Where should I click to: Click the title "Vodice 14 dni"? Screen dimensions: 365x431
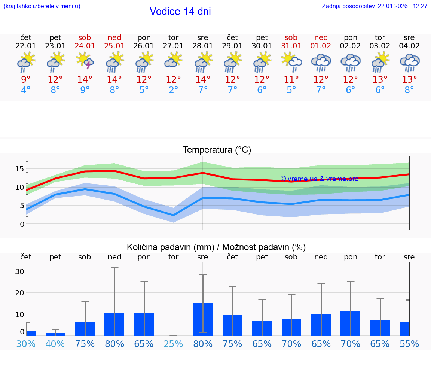(180, 12)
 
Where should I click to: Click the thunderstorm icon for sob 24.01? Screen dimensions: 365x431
(85, 61)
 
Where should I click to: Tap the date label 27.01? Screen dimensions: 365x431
(173, 46)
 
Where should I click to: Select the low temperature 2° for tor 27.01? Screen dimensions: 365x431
(173, 90)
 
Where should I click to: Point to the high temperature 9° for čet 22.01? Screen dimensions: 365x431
(26, 80)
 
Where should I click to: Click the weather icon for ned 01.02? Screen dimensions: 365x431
(321, 62)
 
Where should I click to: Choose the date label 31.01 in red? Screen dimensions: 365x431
(291, 46)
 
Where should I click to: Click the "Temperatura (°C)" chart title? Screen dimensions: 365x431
(217, 150)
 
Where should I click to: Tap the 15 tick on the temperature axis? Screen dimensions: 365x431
(19, 169)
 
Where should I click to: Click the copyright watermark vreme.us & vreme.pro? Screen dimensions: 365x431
(319, 179)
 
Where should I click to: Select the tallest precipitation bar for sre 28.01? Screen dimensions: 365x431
(203, 319)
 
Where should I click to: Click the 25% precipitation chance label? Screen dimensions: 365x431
(173, 344)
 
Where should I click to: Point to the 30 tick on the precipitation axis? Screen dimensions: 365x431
(19, 271)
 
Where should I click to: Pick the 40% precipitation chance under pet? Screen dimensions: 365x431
(55, 344)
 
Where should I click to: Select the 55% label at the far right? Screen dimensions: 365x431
(409, 344)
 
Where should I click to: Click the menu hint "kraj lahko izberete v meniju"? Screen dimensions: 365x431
(42, 6)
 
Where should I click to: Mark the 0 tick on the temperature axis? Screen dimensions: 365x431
(22, 224)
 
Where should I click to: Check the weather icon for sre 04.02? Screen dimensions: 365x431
(409, 62)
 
